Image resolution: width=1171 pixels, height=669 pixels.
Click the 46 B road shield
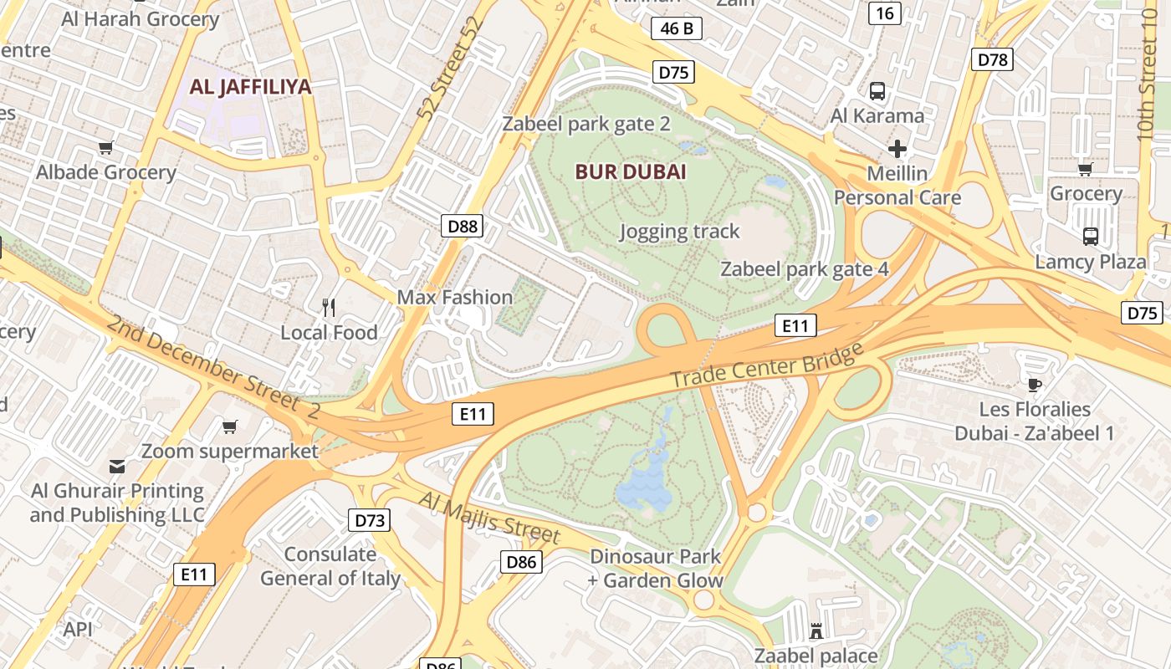(x=676, y=28)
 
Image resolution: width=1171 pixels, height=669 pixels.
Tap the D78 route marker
(x=992, y=59)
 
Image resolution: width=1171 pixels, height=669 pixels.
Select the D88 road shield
(x=462, y=226)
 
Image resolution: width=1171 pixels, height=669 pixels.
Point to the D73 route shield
(x=369, y=521)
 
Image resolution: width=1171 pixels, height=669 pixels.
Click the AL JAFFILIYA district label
(x=250, y=87)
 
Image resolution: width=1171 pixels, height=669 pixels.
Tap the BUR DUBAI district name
(x=631, y=172)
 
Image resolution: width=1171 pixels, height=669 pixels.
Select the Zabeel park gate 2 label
(x=585, y=125)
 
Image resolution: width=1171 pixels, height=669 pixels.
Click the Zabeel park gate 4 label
(x=804, y=269)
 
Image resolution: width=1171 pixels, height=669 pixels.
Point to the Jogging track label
(x=679, y=232)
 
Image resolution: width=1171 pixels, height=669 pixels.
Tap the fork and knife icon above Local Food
(x=329, y=308)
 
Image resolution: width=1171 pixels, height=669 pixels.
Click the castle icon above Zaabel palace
(x=816, y=631)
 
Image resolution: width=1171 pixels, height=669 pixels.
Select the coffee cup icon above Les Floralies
(x=1035, y=385)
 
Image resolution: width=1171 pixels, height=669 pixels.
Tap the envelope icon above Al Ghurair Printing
(x=117, y=466)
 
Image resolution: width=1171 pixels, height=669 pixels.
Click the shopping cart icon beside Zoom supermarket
(x=230, y=427)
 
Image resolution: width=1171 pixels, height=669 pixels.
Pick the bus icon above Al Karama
(x=877, y=91)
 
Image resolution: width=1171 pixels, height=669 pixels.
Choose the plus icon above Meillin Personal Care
(x=897, y=150)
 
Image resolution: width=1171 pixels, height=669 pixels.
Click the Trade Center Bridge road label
(x=766, y=365)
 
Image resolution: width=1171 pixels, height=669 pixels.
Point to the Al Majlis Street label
(x=489, y=517)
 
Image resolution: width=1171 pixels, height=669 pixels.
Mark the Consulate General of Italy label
(x=330, y=566)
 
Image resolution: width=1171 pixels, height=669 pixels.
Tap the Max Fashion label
(x=454, y=297)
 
